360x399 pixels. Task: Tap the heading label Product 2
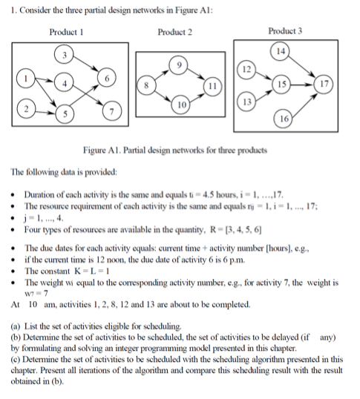click(x=175, y=33)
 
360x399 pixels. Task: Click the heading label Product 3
click(x=285, y=33)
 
